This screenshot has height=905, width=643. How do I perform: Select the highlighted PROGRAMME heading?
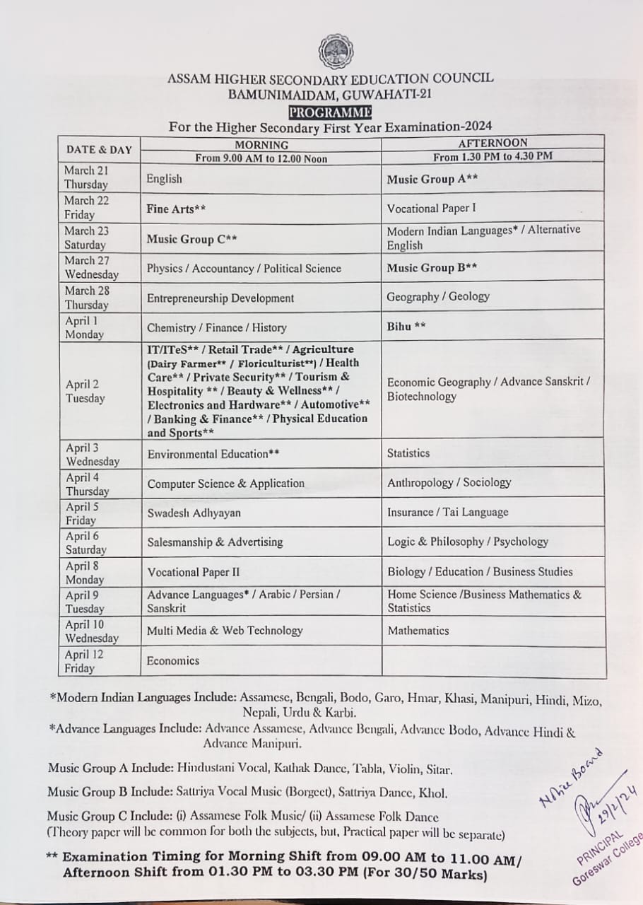[x=330, y=112]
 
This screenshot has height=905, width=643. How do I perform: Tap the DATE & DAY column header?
[x=99, y=149]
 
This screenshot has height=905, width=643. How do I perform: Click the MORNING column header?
[x=261, y=144]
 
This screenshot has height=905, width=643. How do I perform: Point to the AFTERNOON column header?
[x=492, y=143]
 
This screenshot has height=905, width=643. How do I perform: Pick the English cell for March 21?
[x=164, y=179]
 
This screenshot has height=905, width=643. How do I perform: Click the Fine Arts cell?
[x=176, y=209]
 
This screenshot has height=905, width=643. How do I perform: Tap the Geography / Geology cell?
[x=437, y=297]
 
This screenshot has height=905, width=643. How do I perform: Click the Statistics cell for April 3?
[x=408, y=453]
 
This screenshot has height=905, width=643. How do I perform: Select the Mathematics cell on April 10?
[x=418, y=631]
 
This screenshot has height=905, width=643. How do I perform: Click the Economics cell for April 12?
[x=172, y=661]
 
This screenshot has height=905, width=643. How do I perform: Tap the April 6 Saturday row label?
[x=86, y=542]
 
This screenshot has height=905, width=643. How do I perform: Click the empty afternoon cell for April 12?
[x=493, y=662]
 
